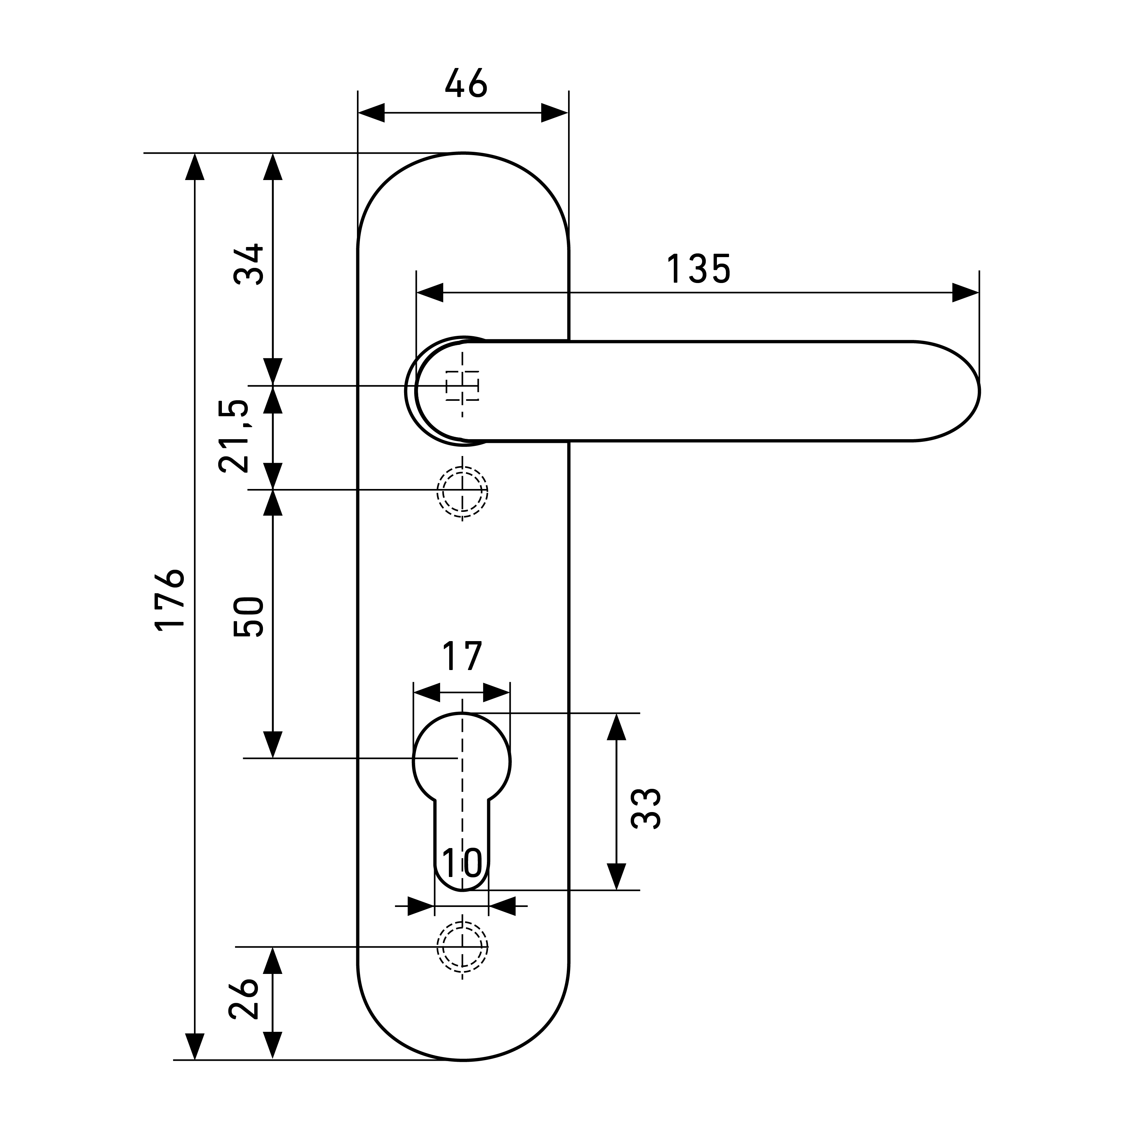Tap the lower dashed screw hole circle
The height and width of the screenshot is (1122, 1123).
(x=462, y=947)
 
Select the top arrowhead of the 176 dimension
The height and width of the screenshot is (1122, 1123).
(x=195, y=167)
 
